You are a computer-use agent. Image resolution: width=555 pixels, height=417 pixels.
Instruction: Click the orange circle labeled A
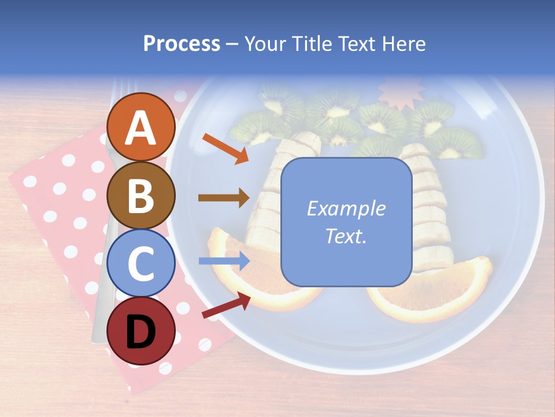click(x=141, y=127)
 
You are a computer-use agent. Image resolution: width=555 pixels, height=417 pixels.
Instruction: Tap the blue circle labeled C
click(x=141, y=263)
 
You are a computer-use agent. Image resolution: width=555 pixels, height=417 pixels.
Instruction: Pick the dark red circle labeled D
click(x=141, y=331)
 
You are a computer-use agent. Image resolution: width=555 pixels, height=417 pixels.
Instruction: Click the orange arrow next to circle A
click(x=225, y=148)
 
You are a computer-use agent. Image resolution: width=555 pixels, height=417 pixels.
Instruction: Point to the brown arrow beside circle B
click(x=224, y=198)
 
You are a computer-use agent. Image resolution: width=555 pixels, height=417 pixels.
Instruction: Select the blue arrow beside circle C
click(x=224, y=261)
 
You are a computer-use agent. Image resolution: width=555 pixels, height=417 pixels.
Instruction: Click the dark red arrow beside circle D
click(x=226, y=305)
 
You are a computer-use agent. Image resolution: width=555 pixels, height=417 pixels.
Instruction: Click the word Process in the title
click(x=182, y=43)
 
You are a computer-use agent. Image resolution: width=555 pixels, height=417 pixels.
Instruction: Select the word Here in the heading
click(x=404, y=43)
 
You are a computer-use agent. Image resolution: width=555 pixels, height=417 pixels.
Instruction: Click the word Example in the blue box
click(x=346, y=209)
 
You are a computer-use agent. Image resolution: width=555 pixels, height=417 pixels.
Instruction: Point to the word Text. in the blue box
click(x=346, y=236)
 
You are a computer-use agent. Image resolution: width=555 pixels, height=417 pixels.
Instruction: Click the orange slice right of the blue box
click(x=439, y=295)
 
